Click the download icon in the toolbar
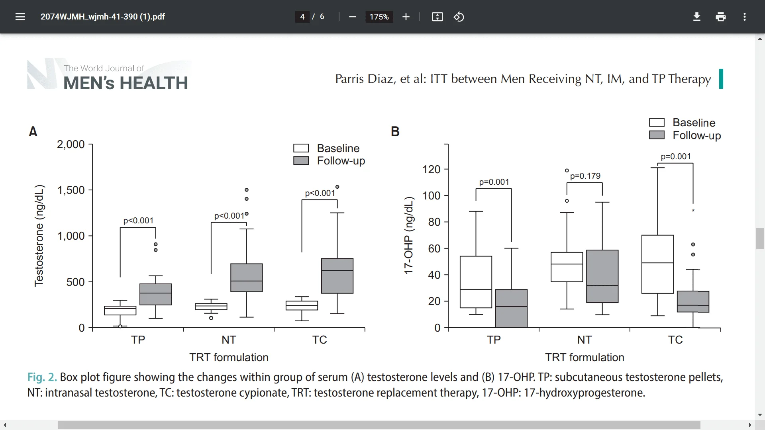(696, 17)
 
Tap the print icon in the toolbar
(720, 17)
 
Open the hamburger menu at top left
(20, 17)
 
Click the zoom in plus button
(406, 17)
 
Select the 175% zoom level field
(379, 17)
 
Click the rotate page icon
(459, 17)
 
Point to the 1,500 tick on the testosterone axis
(71, 190)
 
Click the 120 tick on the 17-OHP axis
(432, 170)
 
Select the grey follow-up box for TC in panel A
(337, 276)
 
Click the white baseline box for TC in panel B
(657, 264)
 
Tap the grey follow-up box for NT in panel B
(602, 276)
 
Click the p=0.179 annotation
(585, 176)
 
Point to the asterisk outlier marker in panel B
(693, 211)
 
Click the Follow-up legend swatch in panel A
(301, 161)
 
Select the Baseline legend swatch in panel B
(657, 122)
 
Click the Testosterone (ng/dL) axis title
(39, 236)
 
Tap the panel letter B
(395, 131)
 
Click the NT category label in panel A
(229, 340)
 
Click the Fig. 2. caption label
(42, 377)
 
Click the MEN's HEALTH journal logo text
(126, 83)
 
